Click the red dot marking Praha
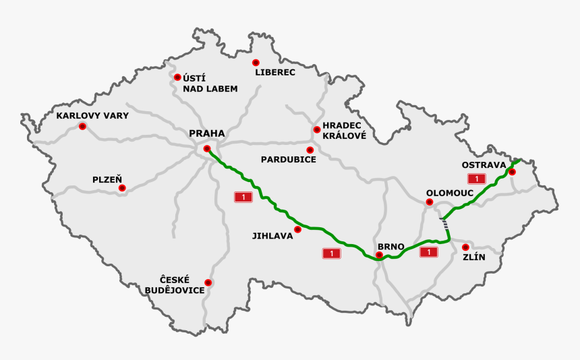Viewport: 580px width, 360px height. click(x=207, y=148)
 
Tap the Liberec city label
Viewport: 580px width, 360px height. click(x=275, y=72)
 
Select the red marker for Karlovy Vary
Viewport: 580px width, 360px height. click(x=82, y=126)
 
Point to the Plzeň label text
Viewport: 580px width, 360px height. click(x=107, y=179)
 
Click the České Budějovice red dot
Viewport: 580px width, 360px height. click(x=208, y=282)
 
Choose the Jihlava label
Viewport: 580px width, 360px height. click(x=272, y=236)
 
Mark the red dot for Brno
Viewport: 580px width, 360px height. click(x=379, y=256)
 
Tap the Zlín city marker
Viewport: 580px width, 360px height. click(x=465, y=247)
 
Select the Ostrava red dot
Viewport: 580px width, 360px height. click(x=512, y=171)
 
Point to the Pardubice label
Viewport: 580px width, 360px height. click(x=289, y=160)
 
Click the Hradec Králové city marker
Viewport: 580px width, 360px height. click(x=316, y=129)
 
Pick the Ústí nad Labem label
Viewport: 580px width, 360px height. click(x=210, y=83)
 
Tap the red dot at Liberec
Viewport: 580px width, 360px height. click(x=256, y=62)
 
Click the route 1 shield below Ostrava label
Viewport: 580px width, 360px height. click(x=477, y=179)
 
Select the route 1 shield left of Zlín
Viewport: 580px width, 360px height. click(x=428, y=252)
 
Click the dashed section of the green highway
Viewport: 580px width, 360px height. click(x=445, y=224)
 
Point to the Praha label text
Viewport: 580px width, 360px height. click(x=207, y=133)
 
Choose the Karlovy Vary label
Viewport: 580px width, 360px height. click(x=92, y=115)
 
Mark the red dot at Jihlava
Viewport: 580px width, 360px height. click(x=298, y=229)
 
